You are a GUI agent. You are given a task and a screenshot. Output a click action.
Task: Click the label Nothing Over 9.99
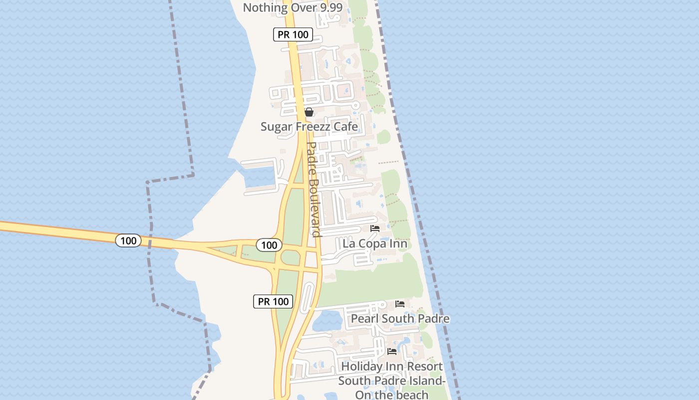pos(293,7)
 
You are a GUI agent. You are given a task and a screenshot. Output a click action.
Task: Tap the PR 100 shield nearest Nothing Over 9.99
pos(293,34)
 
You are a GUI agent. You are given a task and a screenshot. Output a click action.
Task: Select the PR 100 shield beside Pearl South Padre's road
pos(273,301)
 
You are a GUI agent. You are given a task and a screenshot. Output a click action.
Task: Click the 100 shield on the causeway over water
pos(128,240)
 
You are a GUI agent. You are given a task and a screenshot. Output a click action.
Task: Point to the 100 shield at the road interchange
pos(269,245)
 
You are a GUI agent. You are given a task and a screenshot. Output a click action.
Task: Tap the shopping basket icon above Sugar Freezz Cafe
pos(309,112)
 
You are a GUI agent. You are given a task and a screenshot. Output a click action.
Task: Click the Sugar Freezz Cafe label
pos(309,126)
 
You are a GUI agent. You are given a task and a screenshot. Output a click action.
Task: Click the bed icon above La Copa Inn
pos(375,228)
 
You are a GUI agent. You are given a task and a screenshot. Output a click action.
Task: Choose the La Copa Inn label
pos(375,244)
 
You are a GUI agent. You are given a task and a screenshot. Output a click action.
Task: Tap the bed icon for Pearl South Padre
pos(400,303)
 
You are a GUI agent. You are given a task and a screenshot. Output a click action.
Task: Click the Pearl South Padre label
pos(400,318)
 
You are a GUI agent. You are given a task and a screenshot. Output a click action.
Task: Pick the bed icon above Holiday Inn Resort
pos(392,351)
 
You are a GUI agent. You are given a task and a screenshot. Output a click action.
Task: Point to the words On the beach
pos(392,394)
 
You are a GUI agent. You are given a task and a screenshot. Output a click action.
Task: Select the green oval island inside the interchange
pos(290,257)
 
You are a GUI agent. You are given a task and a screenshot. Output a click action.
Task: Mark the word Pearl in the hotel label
pos(364,318)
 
